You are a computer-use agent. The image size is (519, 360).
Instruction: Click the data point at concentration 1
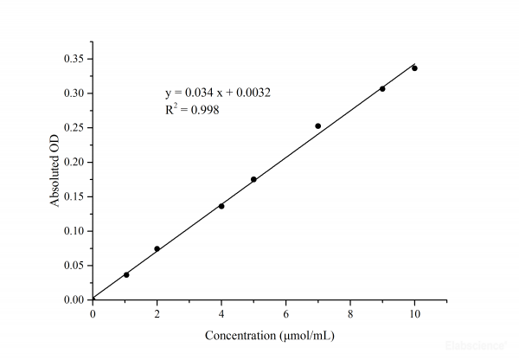(126, 274)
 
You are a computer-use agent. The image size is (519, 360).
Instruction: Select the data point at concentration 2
(157, 249)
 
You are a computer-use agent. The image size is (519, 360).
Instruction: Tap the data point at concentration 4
(221, 206)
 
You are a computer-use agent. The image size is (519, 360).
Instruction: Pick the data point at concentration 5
(253, 179)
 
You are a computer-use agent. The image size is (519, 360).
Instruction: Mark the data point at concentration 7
(318, 125)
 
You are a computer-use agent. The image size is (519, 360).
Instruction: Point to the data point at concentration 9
(382, 88)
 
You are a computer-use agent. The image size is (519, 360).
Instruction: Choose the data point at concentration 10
(414, 67)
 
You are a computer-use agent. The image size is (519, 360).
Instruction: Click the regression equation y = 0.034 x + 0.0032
(219, 93)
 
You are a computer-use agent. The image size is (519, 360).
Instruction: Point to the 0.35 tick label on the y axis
(73, 59)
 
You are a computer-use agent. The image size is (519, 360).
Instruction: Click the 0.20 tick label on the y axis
(73, 162)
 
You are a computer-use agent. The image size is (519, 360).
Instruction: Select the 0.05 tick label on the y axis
(73, 266)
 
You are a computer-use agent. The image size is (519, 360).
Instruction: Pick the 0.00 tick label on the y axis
(73, 300)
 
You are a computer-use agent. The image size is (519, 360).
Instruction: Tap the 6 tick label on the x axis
(286, 312)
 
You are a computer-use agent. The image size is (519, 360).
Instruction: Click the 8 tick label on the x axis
(350, 312)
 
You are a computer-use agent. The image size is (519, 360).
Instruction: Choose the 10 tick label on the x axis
(414, 312)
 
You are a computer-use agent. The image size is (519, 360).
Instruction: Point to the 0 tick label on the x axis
(93, 312)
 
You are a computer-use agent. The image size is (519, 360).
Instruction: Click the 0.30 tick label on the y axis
(73, 93)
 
